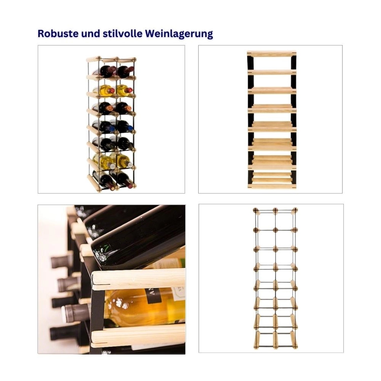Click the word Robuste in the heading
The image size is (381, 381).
[58, 33]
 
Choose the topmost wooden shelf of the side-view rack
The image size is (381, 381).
[272, 54]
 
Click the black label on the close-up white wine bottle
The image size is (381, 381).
[154, 296]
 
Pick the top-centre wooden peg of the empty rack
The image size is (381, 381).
[276, 211]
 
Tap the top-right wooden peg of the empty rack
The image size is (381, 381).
[295, 211]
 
